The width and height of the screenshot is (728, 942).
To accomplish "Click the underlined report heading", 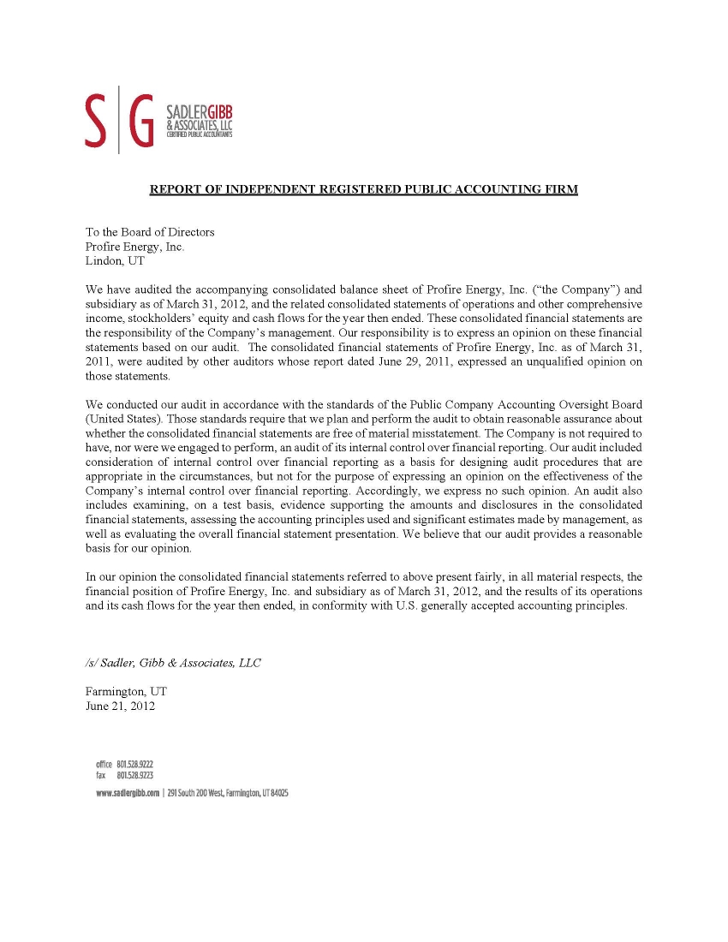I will pos(364,189).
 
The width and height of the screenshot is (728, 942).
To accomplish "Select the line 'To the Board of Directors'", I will pos(150,232).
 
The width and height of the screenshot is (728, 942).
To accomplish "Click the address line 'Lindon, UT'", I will pos(115,261).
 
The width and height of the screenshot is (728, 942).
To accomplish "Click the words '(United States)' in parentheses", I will pos(124,419).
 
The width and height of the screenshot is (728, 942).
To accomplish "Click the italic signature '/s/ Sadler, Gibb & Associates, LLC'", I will pos(173,663).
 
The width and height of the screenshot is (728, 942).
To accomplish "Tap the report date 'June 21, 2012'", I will pos(120,706).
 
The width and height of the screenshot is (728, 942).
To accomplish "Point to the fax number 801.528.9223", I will pos(134,774).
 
